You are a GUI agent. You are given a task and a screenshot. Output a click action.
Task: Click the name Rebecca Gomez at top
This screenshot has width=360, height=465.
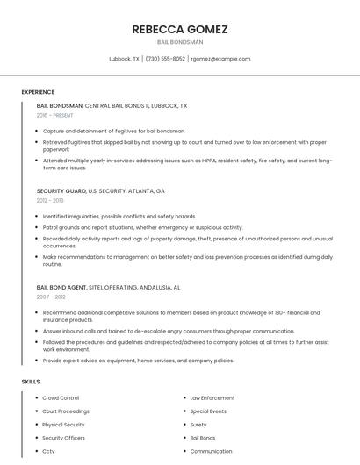pyautogui.click(x=180, y=29)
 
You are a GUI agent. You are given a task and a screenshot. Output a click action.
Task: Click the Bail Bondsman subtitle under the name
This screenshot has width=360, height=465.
pyautogui.click(x=180, y=42)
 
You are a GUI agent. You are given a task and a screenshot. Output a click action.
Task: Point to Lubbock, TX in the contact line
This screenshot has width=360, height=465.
pyautogui.click(x=123, y=59)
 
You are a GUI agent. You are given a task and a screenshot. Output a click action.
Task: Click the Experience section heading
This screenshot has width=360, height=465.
pyautogui.click(x=38, y=92)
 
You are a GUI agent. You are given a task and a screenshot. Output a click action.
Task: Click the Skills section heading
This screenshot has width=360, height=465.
pyautogui.click(x=30, y=382)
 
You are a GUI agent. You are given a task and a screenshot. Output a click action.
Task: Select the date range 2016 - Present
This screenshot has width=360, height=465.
pyautogui.click(x=55, y=115)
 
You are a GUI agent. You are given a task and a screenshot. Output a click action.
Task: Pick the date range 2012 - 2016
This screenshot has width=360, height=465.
pyautogui.click(x=50, y=200)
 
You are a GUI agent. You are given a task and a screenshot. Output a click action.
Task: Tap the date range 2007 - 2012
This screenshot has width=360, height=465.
pyautogui.click(x=50, y=297)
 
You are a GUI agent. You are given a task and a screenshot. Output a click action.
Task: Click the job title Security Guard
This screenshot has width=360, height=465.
pyautogui.click(x=61, y=190)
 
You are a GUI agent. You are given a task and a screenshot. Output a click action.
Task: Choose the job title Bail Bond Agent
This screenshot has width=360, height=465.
pyautogui.click(x=61, y=287)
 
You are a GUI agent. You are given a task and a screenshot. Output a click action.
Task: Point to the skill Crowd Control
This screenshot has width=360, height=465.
pyautogui.click(x=61, y=397)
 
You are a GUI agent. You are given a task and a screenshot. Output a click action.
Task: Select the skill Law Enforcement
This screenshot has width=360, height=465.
pyautogui.click(x=212, y=397)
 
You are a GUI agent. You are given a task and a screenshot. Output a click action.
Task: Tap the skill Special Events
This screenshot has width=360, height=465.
pyautogui.click(x=208, y=411)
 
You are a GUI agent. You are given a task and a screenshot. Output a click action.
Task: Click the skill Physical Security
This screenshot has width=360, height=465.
pyautogui.click(x=63, y=425)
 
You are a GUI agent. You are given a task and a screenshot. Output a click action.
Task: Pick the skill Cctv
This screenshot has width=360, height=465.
pyautogui.click(x=48, y=451)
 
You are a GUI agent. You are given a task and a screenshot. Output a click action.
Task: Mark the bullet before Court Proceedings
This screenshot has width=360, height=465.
pyautogui.click(x=35, y=411)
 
